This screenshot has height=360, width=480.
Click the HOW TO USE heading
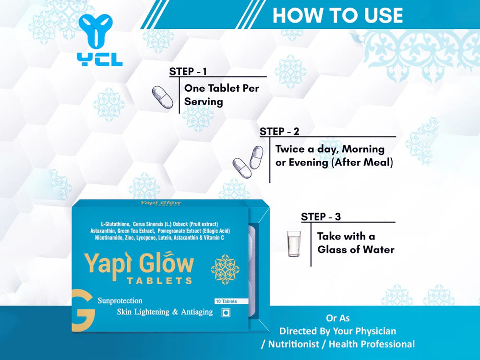point(337,15)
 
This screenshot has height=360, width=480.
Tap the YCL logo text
point(100,60)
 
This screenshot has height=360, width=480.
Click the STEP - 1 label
point(188,72)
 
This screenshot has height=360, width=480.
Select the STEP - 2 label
point(279,132)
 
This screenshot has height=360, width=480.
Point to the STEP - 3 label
point(321,217)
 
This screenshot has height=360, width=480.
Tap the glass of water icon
point(294,244)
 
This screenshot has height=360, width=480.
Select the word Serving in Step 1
point(204,102)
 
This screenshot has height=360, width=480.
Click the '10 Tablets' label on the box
point(226,301)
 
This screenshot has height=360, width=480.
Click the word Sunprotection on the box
point(120,300)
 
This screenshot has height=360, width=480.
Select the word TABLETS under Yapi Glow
point(159,280)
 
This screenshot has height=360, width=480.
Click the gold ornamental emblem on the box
point(225,269)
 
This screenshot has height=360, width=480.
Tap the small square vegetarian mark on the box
point(226,312)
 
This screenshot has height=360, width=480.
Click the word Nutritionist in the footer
point(294,344)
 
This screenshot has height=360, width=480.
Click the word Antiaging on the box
point(197,312)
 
